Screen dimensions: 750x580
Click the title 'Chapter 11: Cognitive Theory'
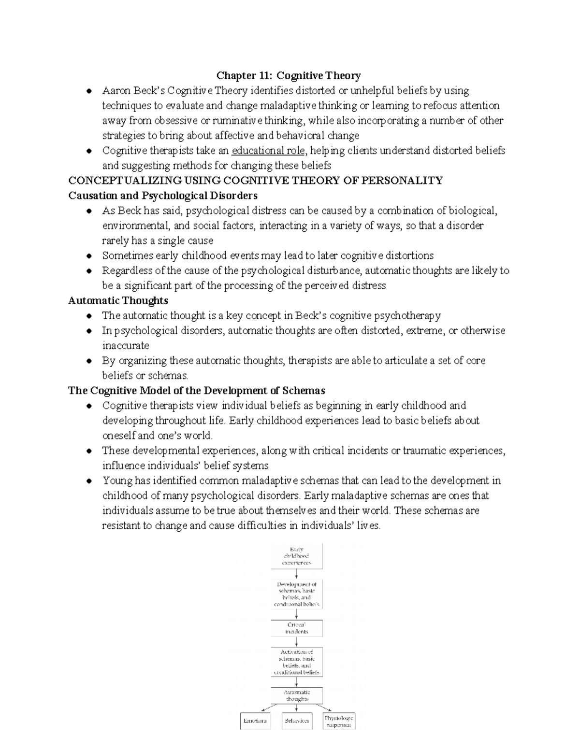(x=289, y=76)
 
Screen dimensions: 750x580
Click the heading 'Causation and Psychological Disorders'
(x=163, y=196)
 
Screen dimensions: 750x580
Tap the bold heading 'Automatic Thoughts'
(x=118, y=300)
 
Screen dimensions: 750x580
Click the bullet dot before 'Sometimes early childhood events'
(x=88, y=256)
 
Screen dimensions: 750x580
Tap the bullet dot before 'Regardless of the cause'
(x=88, y=271)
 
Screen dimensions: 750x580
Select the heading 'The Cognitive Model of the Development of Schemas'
(x=196, y=390)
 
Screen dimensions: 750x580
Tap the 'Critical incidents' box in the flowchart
(x=296, y=628)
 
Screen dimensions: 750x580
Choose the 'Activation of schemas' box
(x=296, y=662)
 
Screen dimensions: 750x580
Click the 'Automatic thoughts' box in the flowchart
(x=296, y=695)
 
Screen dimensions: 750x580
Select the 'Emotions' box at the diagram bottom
(x=255, y=721)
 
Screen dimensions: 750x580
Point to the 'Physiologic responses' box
(x=338, y=721)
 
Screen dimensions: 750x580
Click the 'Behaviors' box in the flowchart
(x=297, y=721)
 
